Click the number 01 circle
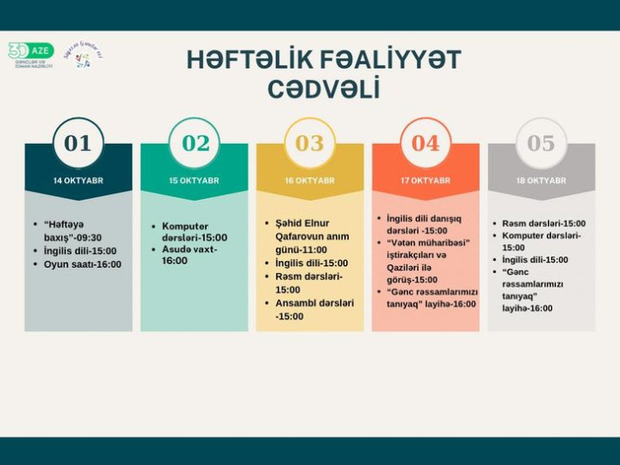point(78,143)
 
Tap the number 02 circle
point(194,143)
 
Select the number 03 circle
point(310,143)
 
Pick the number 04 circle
point(426,143)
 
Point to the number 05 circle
point(541,143)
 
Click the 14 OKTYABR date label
point(78,181)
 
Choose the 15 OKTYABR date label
point(194,181)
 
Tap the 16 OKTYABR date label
point(310,181)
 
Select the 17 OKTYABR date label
point(426,181)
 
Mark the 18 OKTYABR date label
point(541,181)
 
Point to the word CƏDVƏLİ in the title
point(324,89)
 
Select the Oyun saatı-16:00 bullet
point(82,263)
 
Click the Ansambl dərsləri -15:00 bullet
point(314,309)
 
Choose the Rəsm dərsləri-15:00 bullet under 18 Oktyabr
point(543,223)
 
